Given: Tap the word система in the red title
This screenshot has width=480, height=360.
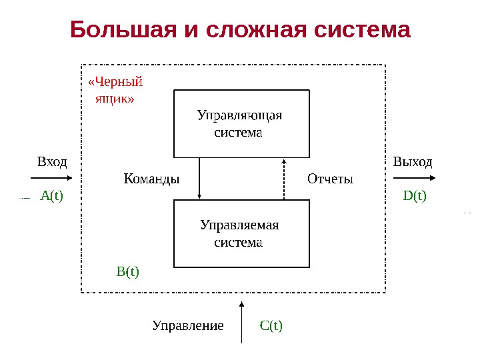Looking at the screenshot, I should point(360,30).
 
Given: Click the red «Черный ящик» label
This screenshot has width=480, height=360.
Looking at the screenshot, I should point(115,91).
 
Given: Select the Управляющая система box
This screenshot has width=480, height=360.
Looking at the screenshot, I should point(241,123).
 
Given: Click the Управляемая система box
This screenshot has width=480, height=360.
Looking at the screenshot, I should point(241,233).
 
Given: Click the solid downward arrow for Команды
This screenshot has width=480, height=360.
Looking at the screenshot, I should point(199,178).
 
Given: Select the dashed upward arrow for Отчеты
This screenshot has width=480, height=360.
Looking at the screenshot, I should point(284,179).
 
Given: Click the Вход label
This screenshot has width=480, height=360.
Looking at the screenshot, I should point(52,161).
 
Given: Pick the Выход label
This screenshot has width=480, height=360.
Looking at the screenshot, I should point(413,161).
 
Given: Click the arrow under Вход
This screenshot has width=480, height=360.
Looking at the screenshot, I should point(50,178).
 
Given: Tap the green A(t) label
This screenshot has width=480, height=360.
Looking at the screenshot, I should point(51,196).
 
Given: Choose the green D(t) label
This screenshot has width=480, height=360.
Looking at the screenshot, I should point(415,196).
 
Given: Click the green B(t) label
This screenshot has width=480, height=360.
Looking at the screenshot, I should point(128,271).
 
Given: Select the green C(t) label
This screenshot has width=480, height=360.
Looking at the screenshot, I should point(271,326).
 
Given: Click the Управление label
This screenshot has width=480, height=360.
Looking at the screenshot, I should point(187,326).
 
